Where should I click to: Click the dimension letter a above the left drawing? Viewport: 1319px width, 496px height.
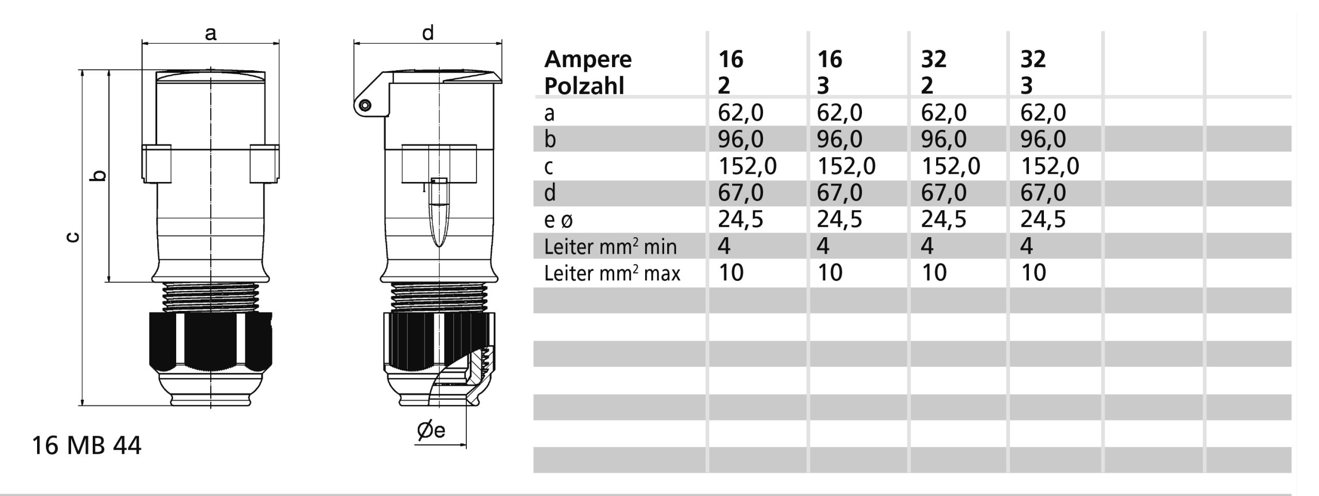pyautogui.click(x=211, y=34)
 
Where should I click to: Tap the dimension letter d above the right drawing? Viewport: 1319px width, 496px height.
pyautogui.click(x=428, y=33)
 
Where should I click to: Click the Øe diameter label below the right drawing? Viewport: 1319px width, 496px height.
pyautogui.click(x=431, y=430)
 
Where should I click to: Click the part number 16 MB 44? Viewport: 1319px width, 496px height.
pyautogui.click(x=87, y=445)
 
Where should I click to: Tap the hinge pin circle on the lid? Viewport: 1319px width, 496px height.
pyautogui.click(x=365, y=106)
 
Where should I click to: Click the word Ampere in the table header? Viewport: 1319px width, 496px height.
pyautogui.click(x=588, y=59)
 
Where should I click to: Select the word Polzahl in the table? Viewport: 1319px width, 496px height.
pyautogui.click(x=584, y=86)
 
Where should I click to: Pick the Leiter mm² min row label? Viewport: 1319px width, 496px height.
pyautogui.click(x=610, y=247)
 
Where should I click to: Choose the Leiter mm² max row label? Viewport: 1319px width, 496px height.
pyautogui.click(x=612, y=273)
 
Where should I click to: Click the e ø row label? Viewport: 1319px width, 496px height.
pyautogui.click(x=559, y=220)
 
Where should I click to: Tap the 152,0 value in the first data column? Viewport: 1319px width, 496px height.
pyautogui.click(x=747, y=166)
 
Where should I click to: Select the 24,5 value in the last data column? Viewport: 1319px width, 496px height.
pyautogui.click(x=1043, y=219)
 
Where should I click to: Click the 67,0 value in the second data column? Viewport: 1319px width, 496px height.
pyautogui.click(x=839, y=193)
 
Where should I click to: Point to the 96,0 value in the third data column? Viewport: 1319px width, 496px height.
pyautogui.click(x=943, y=139)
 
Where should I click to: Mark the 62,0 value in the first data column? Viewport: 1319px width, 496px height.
pyautogui.click(x=740, y=112)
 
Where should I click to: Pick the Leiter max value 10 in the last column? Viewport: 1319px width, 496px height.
pyautogui.click(x=1033, y=273)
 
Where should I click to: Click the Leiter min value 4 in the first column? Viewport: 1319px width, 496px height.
pyautogui.click(x=724, y=246)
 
